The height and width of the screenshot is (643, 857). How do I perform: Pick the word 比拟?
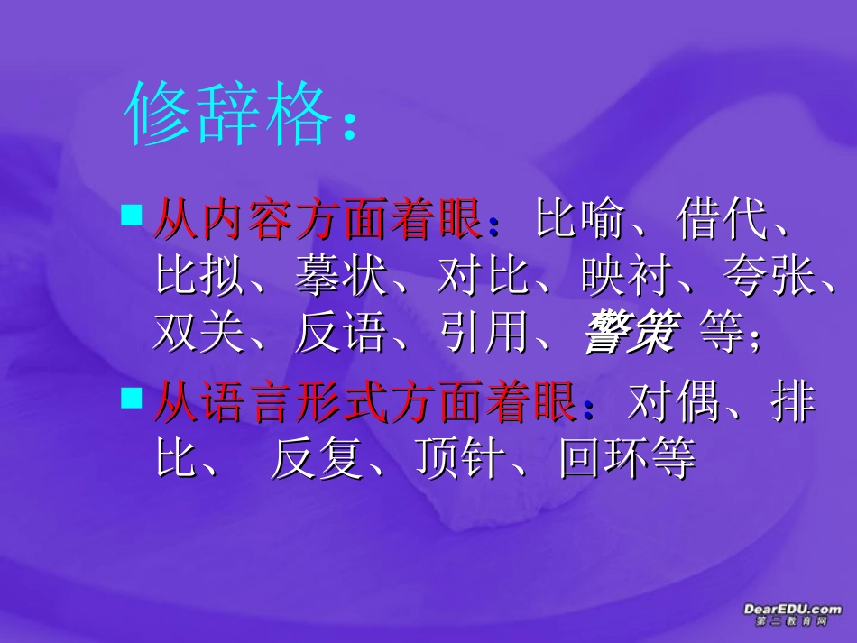point(199,278)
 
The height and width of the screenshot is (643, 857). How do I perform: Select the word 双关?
point(199,335)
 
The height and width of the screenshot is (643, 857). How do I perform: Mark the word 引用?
point(484,335)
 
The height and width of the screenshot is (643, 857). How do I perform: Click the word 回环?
point(604,460)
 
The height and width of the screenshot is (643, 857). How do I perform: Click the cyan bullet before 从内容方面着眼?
point(132,215)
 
